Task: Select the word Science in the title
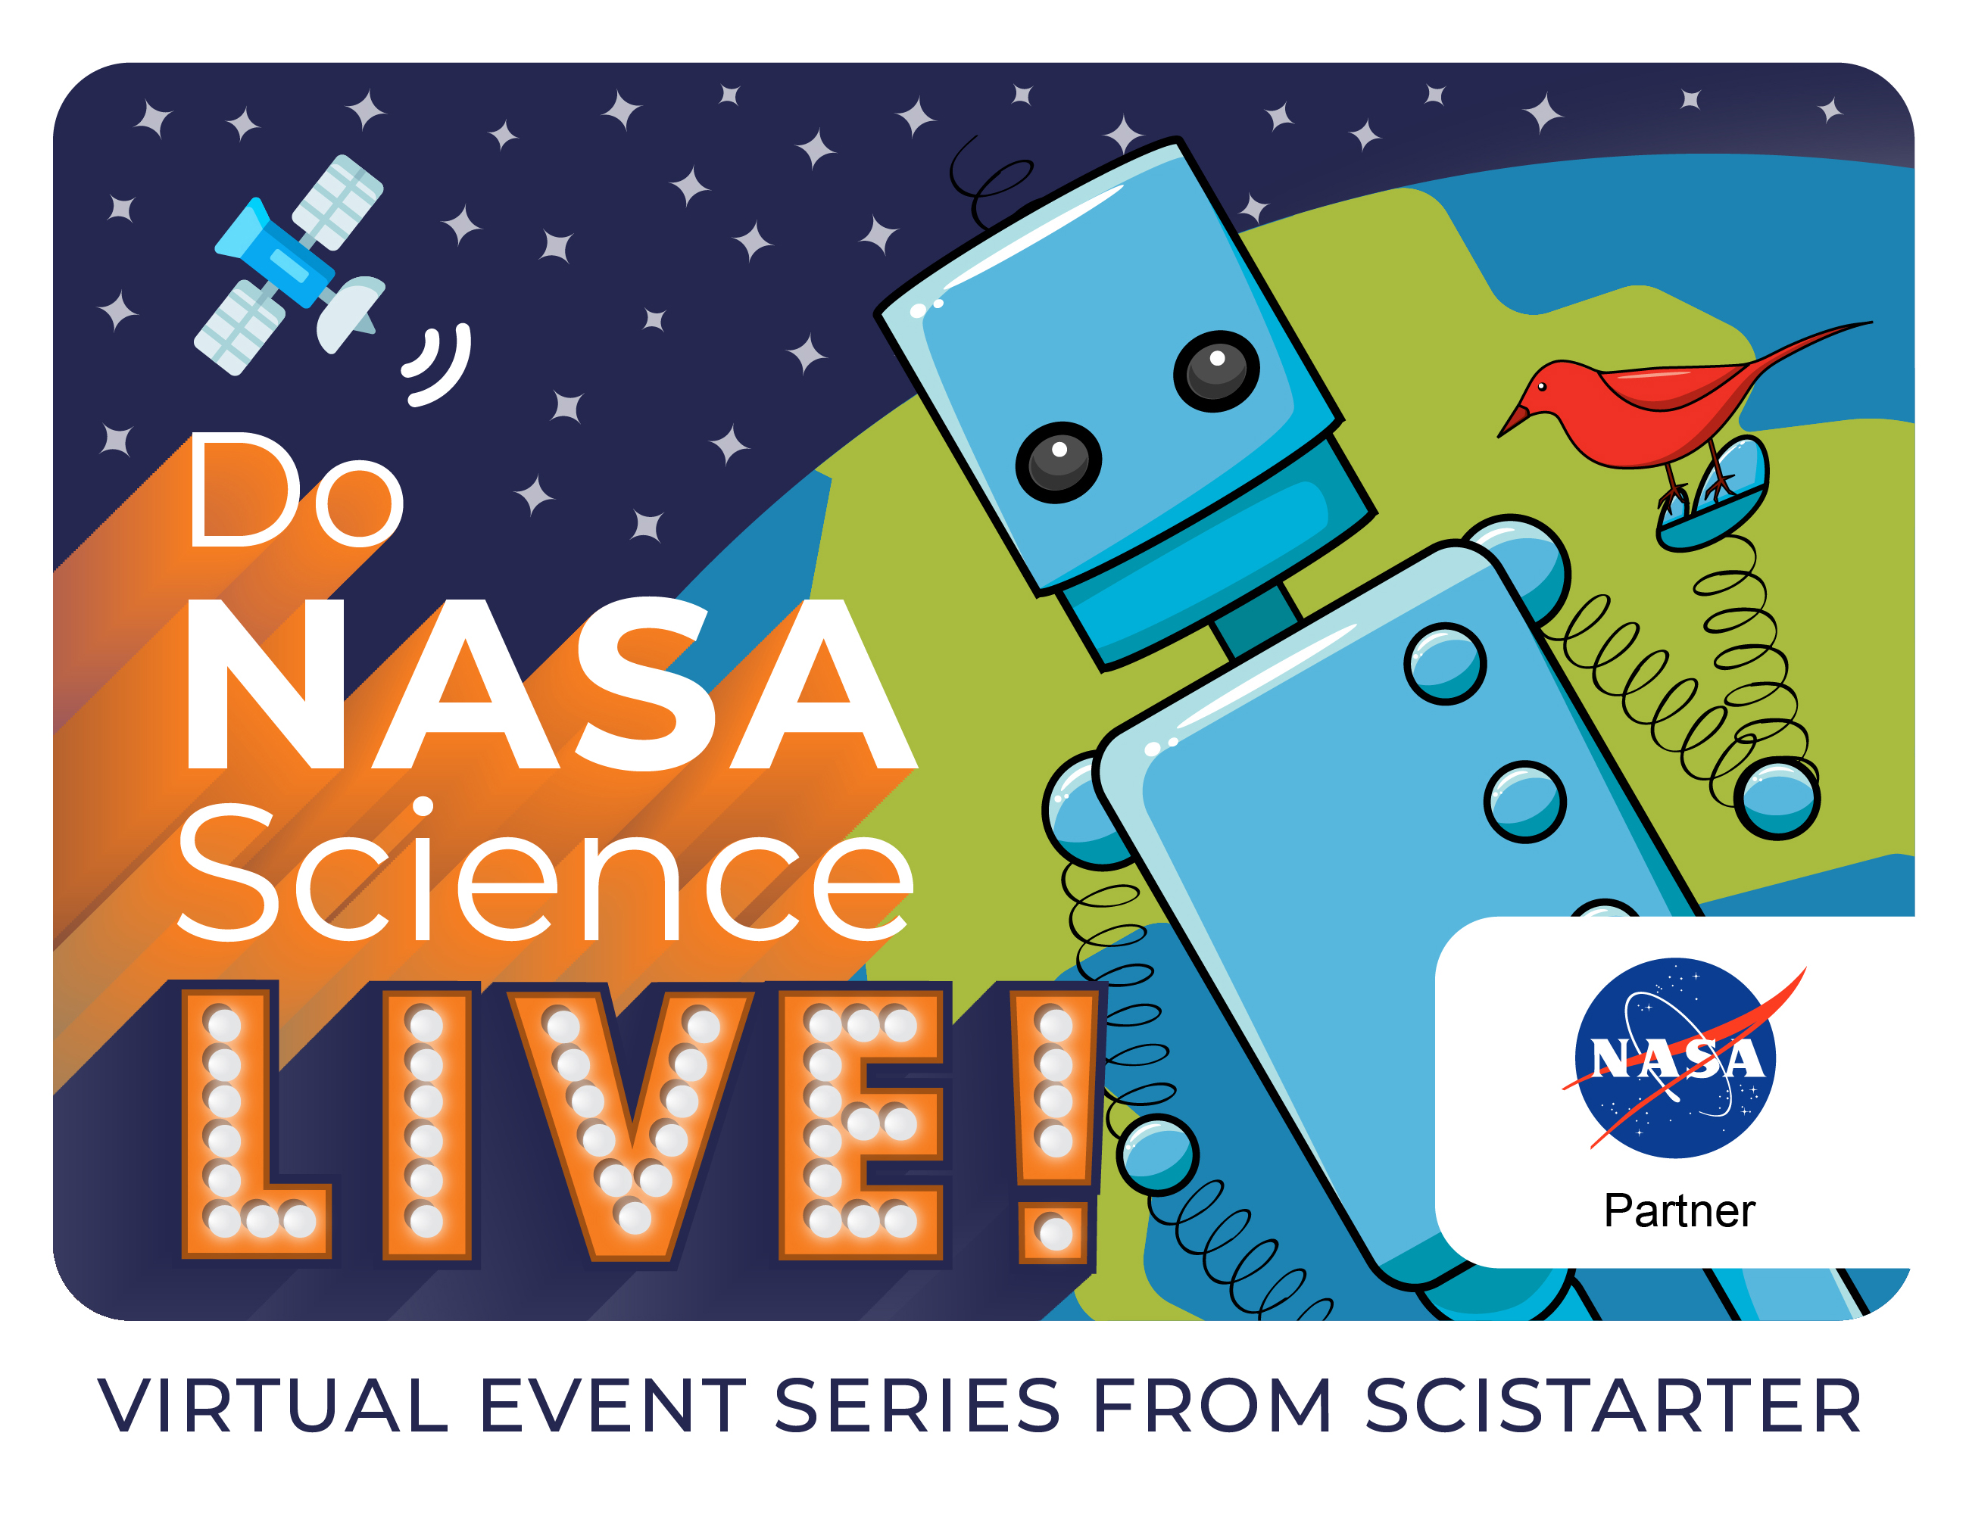click(545, 871)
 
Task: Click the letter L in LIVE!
click(256, 1123)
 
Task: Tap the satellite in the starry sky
click(290, 265)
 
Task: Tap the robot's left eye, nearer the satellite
click(1059, 463)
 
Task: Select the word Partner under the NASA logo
click(1679, 1210)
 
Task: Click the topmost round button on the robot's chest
click(1444, 663)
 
